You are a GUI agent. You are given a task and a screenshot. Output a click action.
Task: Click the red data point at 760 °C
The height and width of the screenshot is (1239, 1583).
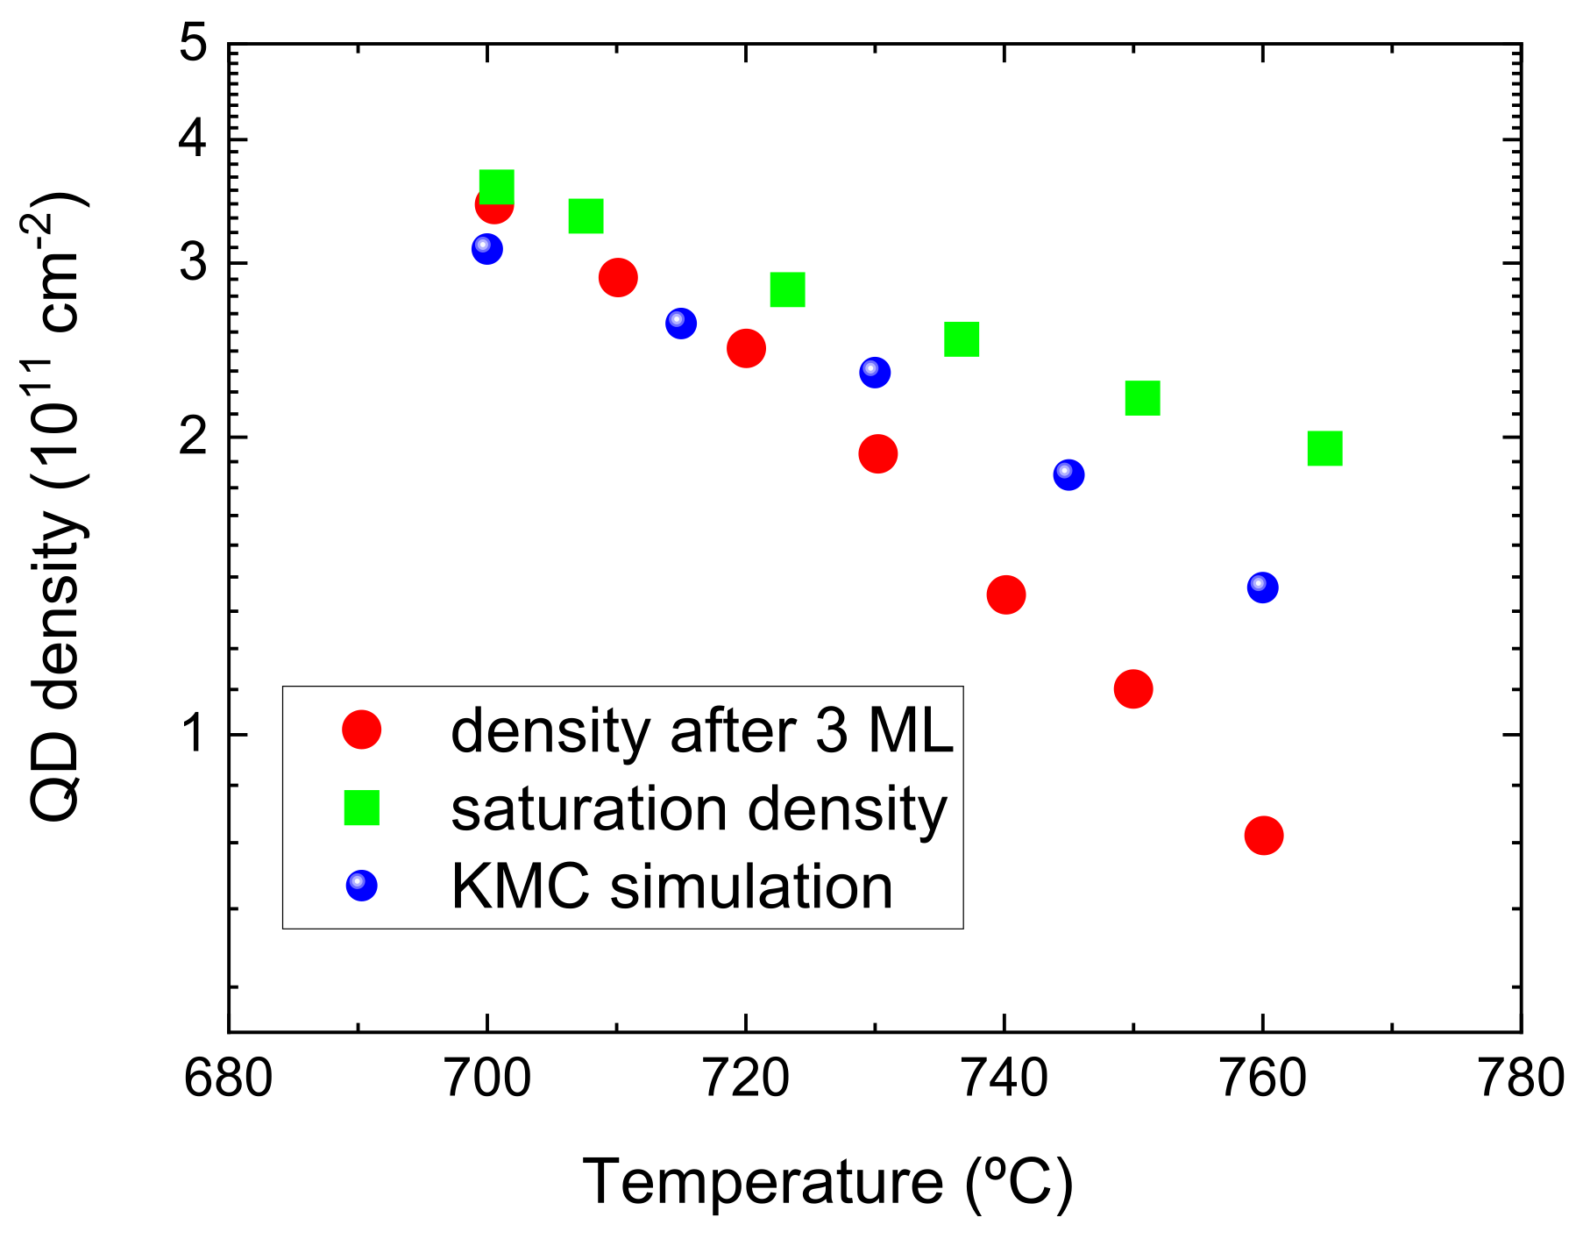[x=1263, y=836]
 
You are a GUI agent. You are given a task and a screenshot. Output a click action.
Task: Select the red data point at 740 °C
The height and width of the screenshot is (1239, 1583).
[x=1005, y=595]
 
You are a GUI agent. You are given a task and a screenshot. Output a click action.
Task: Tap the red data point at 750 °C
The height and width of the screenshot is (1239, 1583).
[x=1132, y=689]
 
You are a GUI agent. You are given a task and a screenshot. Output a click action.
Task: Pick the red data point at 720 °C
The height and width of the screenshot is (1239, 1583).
[x=746, y=349]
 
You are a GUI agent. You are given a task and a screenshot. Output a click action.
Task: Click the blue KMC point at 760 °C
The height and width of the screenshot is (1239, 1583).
[x=1262, y=587]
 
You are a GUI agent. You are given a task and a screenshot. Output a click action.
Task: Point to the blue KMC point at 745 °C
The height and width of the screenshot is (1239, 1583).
[x=1068, y=474]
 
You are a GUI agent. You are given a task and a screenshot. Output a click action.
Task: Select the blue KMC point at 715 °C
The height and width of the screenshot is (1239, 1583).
[x=680, y=323]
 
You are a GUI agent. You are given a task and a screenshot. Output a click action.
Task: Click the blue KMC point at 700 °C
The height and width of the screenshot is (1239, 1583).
[x=486, y=248]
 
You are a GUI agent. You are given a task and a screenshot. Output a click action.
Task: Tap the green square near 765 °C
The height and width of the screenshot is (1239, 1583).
[x=1324, y=448]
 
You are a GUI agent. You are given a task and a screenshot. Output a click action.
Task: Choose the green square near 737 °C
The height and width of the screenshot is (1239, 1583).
[x=961, y=338]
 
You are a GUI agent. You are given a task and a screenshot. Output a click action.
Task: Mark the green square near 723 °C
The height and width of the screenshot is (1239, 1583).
[x=787, y=289]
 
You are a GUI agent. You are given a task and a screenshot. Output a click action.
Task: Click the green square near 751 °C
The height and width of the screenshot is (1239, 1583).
[x=1142, y=398]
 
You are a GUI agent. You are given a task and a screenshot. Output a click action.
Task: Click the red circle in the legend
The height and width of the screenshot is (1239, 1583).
[x=361, y=729]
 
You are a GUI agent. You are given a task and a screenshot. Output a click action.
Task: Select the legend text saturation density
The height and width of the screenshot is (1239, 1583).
[x=699, y=808]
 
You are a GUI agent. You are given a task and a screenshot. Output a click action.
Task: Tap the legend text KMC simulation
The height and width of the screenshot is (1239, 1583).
[x=671, y=887]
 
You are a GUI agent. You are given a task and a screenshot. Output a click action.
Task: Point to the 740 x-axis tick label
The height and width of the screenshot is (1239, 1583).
[x=1004, y=1079]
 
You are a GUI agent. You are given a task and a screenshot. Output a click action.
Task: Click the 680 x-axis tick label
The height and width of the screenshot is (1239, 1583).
[x=228, y=1079]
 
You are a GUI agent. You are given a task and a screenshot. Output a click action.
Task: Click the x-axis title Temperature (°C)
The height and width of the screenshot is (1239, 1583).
[x=827, y=1182]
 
